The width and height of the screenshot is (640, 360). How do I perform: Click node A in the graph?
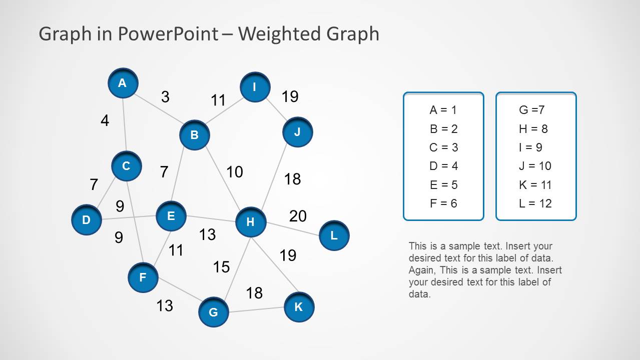click(x=123, y=83)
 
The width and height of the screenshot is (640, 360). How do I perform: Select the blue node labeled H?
click(x=250, y=222)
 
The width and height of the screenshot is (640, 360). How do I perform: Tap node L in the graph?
click(x=334, y=235)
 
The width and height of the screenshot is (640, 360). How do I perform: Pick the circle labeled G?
click(x=214, y=312)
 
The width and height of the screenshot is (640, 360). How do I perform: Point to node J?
click(x=297, y=132)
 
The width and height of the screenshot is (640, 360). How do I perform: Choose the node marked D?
click(x=86, y=220)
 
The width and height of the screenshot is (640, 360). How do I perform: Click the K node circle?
click(x=299, y=307)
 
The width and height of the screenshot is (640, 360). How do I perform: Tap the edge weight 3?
click(x=165, y=97)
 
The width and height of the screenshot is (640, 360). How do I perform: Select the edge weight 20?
click(x=298, y=216)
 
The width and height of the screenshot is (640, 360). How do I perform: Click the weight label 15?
click(x=221, y=267)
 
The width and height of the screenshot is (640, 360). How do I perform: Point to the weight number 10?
click(x=234, y=172)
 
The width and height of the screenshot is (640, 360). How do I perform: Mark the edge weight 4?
click(x=105, y=120)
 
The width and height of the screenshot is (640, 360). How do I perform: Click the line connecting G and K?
click(x=256, y=309)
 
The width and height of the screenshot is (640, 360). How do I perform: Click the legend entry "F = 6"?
click(x=443, y=203)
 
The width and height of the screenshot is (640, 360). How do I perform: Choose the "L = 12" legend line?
click(x=535, y=203)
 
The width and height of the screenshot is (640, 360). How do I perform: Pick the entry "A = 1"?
click(x=443, y=110)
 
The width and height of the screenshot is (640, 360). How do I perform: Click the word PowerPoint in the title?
click(x=168, y=34)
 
